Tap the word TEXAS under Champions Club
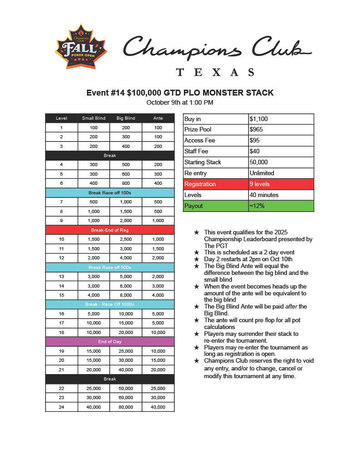(215, 72)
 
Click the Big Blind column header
(126, 118)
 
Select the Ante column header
(158, 118)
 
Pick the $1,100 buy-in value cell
(281, 119)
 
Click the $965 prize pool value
(281, 130)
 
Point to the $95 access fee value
(281, 141)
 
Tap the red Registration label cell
(215, 184)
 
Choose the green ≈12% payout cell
(281, 206)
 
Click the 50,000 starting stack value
(281, 162)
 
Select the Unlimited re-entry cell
(281, 173)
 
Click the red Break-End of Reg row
(110, 230)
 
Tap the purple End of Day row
(110, 342)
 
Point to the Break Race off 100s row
(110, 193)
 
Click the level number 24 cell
(61, 407)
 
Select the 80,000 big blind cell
(126, 407)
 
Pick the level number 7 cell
(61, 202)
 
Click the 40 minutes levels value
(281, 195)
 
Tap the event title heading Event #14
(180, 93)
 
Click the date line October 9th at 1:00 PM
(180, 103)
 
